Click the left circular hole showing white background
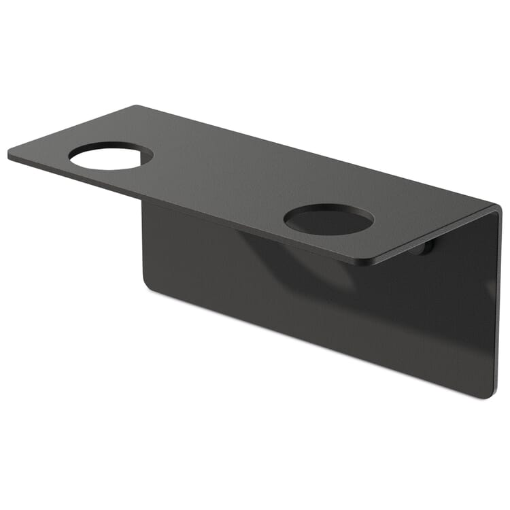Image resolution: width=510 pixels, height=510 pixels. (x=105, y=158)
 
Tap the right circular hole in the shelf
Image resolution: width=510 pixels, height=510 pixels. (x=328, y=220)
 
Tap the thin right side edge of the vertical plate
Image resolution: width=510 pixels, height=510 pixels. (x=498, y=306)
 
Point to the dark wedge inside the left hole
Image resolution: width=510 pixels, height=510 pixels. (x=144, y=158)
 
